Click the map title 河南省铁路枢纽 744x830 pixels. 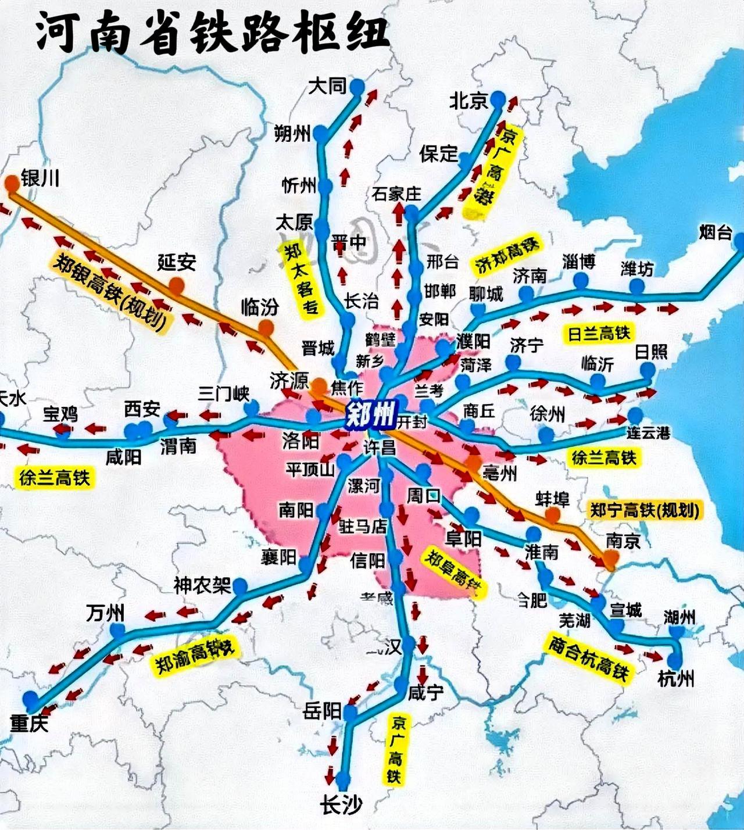coord(213,32)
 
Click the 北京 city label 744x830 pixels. coord(468,101)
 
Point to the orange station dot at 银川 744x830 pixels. coord(11,183)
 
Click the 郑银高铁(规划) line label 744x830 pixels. coord(110,294)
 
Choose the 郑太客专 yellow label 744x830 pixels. coord(301,278)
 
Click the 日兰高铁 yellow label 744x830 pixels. coord(599,334)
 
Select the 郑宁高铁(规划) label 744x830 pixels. coord(644,510)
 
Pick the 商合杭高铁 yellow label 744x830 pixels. coord(588,659)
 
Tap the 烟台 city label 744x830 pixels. coord(715,232)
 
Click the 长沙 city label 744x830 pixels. coord(341,805)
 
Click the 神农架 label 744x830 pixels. coord(202,585)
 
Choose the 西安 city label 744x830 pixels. coord(142,409)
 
